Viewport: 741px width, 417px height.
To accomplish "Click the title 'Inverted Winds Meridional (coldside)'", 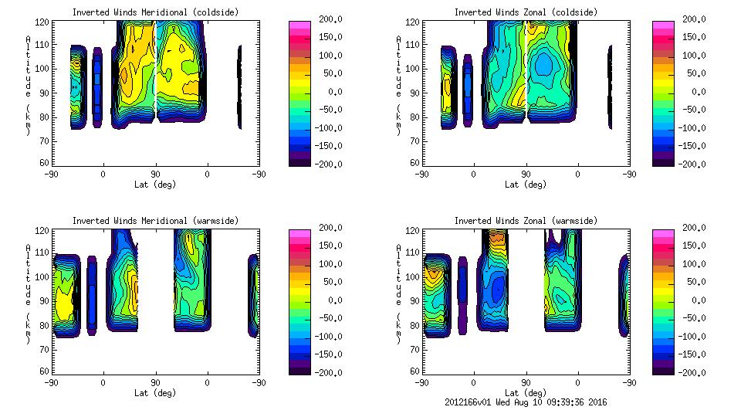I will [x=155, y=12].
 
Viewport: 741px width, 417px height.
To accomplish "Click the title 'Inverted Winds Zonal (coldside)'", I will [x=526, y=12].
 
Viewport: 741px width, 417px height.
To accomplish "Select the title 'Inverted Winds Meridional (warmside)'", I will [x=155, y=221].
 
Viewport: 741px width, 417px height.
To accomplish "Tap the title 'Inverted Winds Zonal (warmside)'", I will [x=526, y=221].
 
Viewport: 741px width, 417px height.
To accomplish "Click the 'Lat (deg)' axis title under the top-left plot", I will [x=155, y=185].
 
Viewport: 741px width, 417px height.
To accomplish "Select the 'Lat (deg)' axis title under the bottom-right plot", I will [x=526, y=393].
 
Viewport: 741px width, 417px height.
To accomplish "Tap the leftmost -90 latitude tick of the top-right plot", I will [x=422, y=175].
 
